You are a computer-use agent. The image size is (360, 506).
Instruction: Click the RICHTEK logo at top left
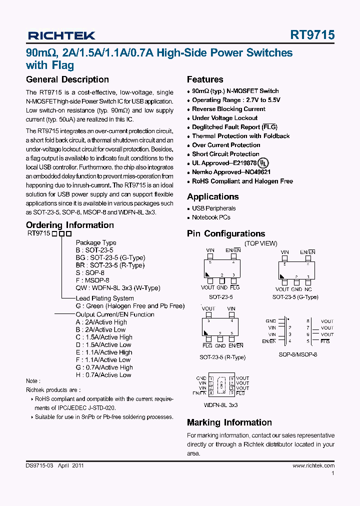[61, 35]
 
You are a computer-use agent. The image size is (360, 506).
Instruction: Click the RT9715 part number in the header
[312, 35]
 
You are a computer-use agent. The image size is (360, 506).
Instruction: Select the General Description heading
[67, 79]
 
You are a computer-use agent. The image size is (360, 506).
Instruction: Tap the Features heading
[205, 79]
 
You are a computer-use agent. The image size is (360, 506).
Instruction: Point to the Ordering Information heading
[70, 225]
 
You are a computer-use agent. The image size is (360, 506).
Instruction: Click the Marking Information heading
[229, 422]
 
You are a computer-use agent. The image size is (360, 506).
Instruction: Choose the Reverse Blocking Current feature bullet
[228, 109]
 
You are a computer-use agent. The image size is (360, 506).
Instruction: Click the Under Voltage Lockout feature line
[224, 118]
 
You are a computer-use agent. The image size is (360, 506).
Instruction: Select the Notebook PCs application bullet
[211, 217]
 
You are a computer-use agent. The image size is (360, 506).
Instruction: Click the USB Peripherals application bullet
[213, 208]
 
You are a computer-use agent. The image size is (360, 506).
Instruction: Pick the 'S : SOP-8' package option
[90, 273]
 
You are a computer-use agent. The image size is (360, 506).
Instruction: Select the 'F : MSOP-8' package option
[92, 280]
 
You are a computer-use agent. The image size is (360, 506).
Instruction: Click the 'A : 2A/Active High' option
[101, 322]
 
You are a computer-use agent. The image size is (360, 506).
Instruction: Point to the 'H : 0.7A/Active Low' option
[103, 375]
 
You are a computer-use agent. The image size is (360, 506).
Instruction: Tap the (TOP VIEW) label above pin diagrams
[260, 243]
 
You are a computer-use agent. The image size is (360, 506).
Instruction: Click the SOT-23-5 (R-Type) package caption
[222, 357]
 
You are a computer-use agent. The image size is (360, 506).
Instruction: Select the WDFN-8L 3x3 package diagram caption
[220, 405]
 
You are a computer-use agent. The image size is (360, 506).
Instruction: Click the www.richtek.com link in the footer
[313, 465]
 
